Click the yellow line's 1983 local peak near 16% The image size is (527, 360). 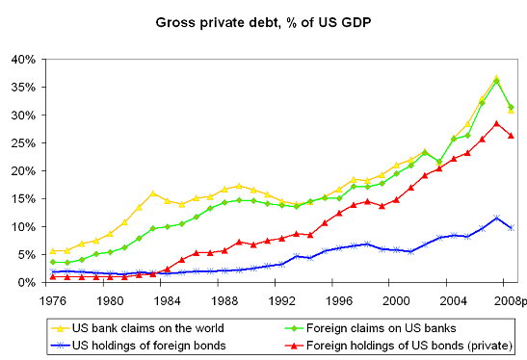pos(152,193)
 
